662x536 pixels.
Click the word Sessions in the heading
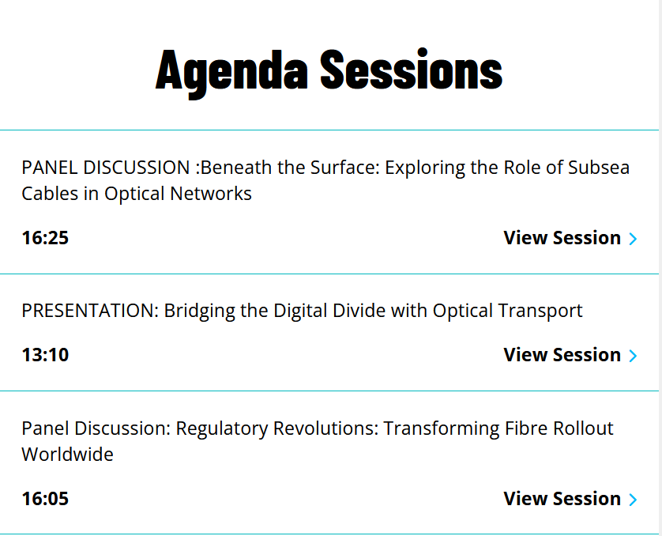(412, 70)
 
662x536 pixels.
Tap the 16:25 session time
(45, 238)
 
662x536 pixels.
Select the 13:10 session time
(45, 355)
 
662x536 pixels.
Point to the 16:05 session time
(45, 499)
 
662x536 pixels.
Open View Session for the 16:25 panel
(562, 238)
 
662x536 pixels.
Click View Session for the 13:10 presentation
(562, 355)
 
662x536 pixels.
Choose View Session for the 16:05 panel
(562, 499)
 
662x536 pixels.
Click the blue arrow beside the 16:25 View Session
(633, 239)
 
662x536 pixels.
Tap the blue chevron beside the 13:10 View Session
(633, 356)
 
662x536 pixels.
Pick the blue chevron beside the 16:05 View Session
(633, 500)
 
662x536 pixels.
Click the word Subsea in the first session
(599, 168)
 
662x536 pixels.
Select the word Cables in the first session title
(50, 194)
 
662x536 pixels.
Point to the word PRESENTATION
(90, 311)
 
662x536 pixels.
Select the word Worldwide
(68, 455)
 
